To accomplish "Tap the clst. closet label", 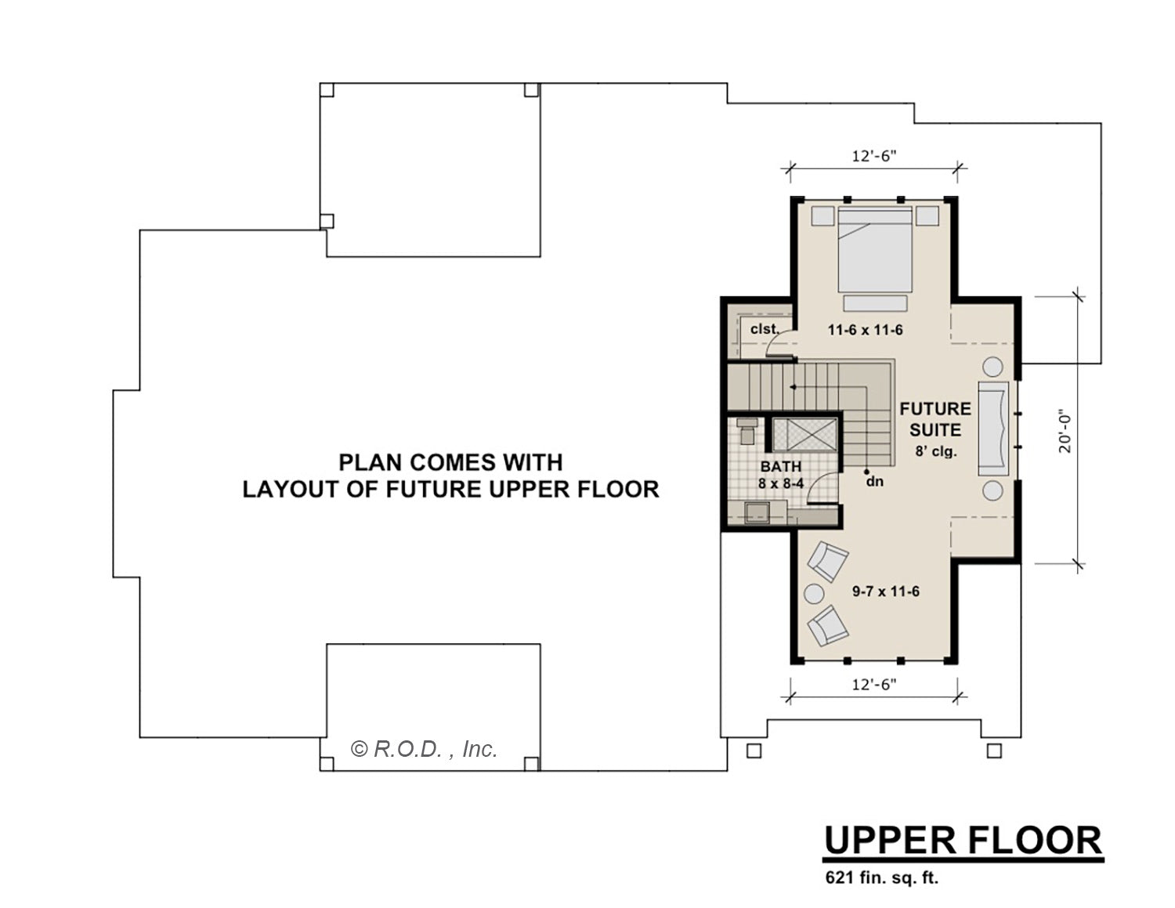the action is point(765,329).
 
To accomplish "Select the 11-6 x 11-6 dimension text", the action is point(865,330).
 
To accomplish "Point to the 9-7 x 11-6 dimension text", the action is point(886,591).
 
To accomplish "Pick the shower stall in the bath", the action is point(804,435).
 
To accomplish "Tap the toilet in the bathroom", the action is point(747,431).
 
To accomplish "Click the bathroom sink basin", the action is point(757,512).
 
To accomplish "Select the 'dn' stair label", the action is point(874,481).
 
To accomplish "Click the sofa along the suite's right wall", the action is point(993,429).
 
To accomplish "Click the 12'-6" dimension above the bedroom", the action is point(874,156).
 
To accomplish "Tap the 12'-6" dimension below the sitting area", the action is point(874,685).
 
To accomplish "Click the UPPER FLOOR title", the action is point(963,841).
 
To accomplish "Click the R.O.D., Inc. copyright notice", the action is point(424,749).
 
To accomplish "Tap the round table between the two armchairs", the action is point(814,594).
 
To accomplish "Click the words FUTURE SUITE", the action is point(935,419).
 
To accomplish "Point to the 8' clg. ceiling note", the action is point(936,451).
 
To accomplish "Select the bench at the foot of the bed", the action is point(875,303).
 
